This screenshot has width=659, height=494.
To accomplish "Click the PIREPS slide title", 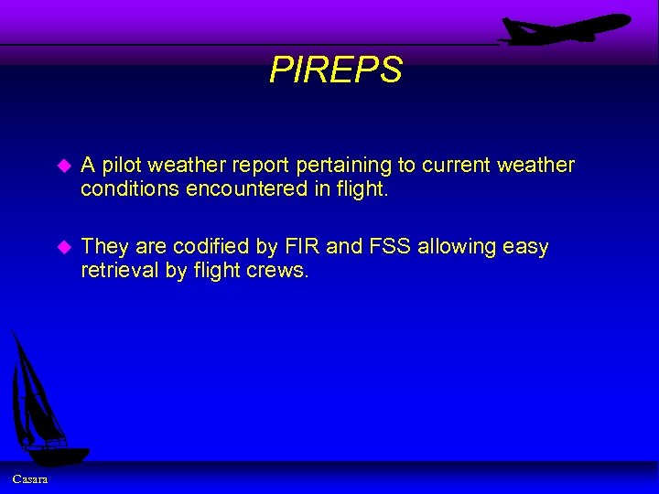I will point(335,70).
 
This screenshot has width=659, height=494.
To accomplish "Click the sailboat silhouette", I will point(41,403).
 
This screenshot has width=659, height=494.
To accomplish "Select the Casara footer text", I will point(31,479).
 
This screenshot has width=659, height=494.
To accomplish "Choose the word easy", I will point(525,247).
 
